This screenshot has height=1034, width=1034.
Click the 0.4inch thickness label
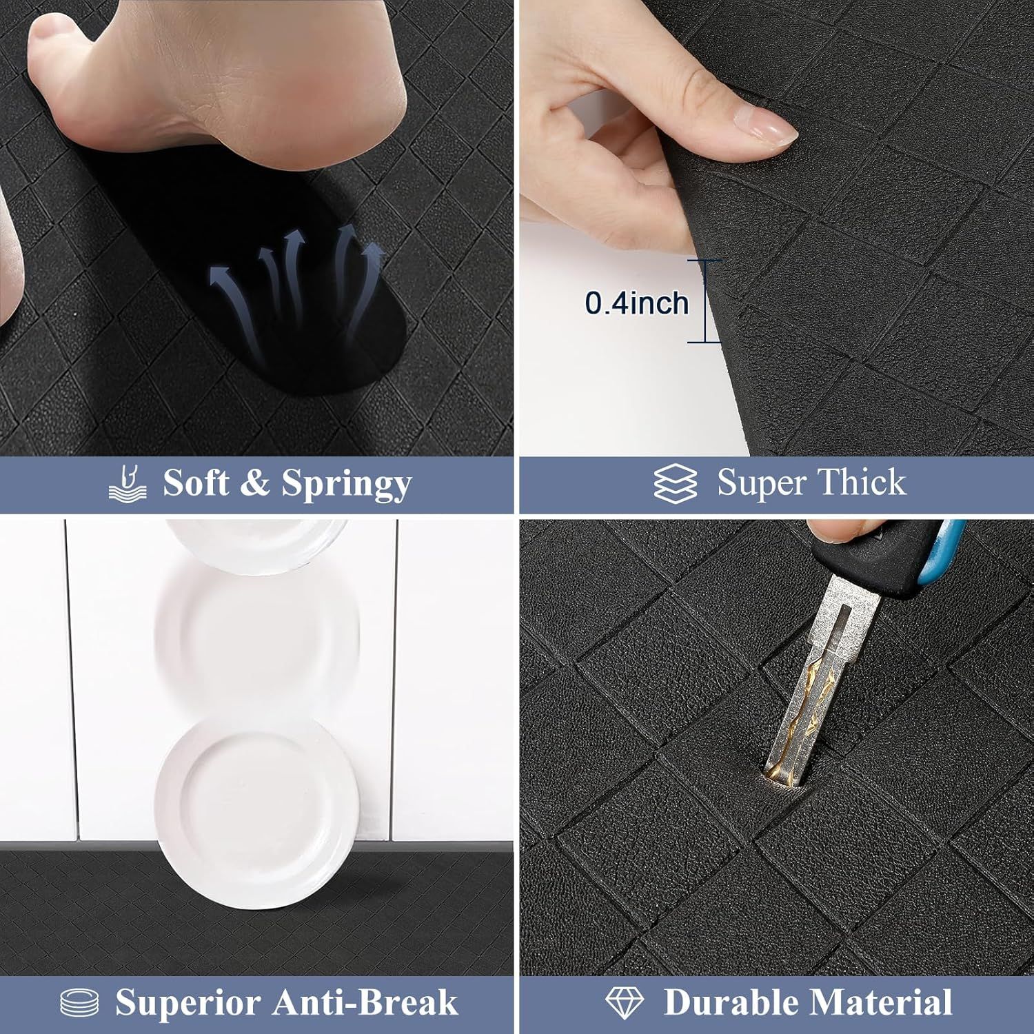pyautogui.click(x=637, y=303)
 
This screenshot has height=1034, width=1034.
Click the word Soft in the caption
pyautogui.click(x=196, y=482)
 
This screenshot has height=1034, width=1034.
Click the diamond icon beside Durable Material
pyautogui.click(x=625, y=1002)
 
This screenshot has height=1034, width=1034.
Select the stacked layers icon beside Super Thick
pyautogui.click(x=675, y=483)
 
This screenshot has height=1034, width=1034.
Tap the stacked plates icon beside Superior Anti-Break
pyautogui.click(x=79, y=1003)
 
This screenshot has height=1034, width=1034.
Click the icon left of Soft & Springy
pyautogui.click(x=128, y=483)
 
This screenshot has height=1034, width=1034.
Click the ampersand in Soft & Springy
pyautogui.click(x=255, y=483)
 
